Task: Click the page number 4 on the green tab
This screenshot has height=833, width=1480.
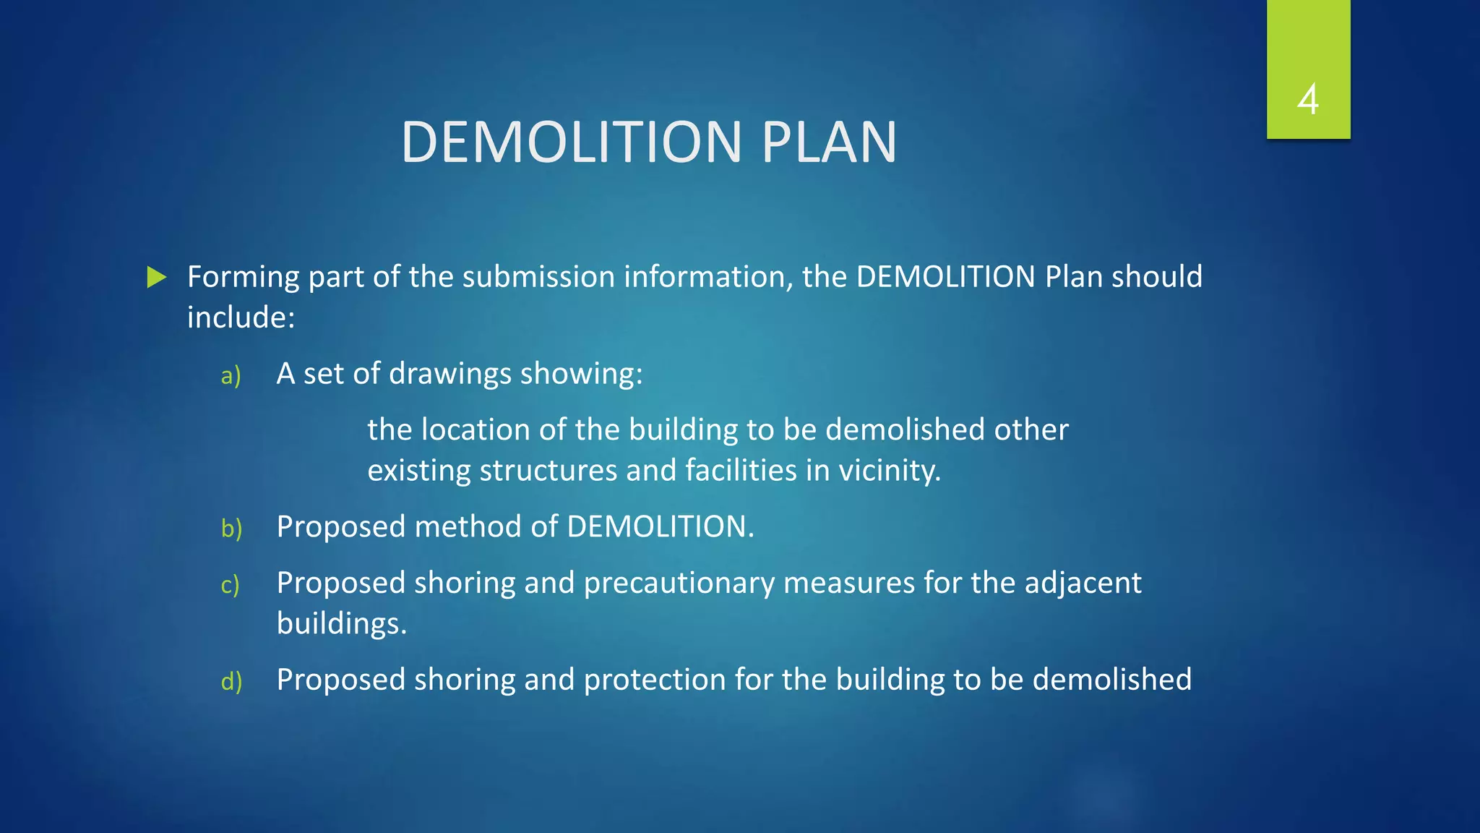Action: tap(1308, 99)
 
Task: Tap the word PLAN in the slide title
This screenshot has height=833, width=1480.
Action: tap(829, 142)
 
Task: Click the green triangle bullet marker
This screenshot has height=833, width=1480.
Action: tap(157, 277)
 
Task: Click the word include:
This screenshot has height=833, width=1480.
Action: tap(241, 317)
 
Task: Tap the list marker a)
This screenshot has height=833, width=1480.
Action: tap(231, 375)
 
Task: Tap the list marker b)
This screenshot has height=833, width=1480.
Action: tap(231, 529)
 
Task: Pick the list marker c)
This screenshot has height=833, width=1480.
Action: tap(230, 584)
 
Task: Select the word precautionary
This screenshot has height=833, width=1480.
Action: tap(679, 584)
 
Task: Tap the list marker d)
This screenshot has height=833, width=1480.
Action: tap(231, 681)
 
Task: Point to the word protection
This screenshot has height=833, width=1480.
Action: tap(654, 680)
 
